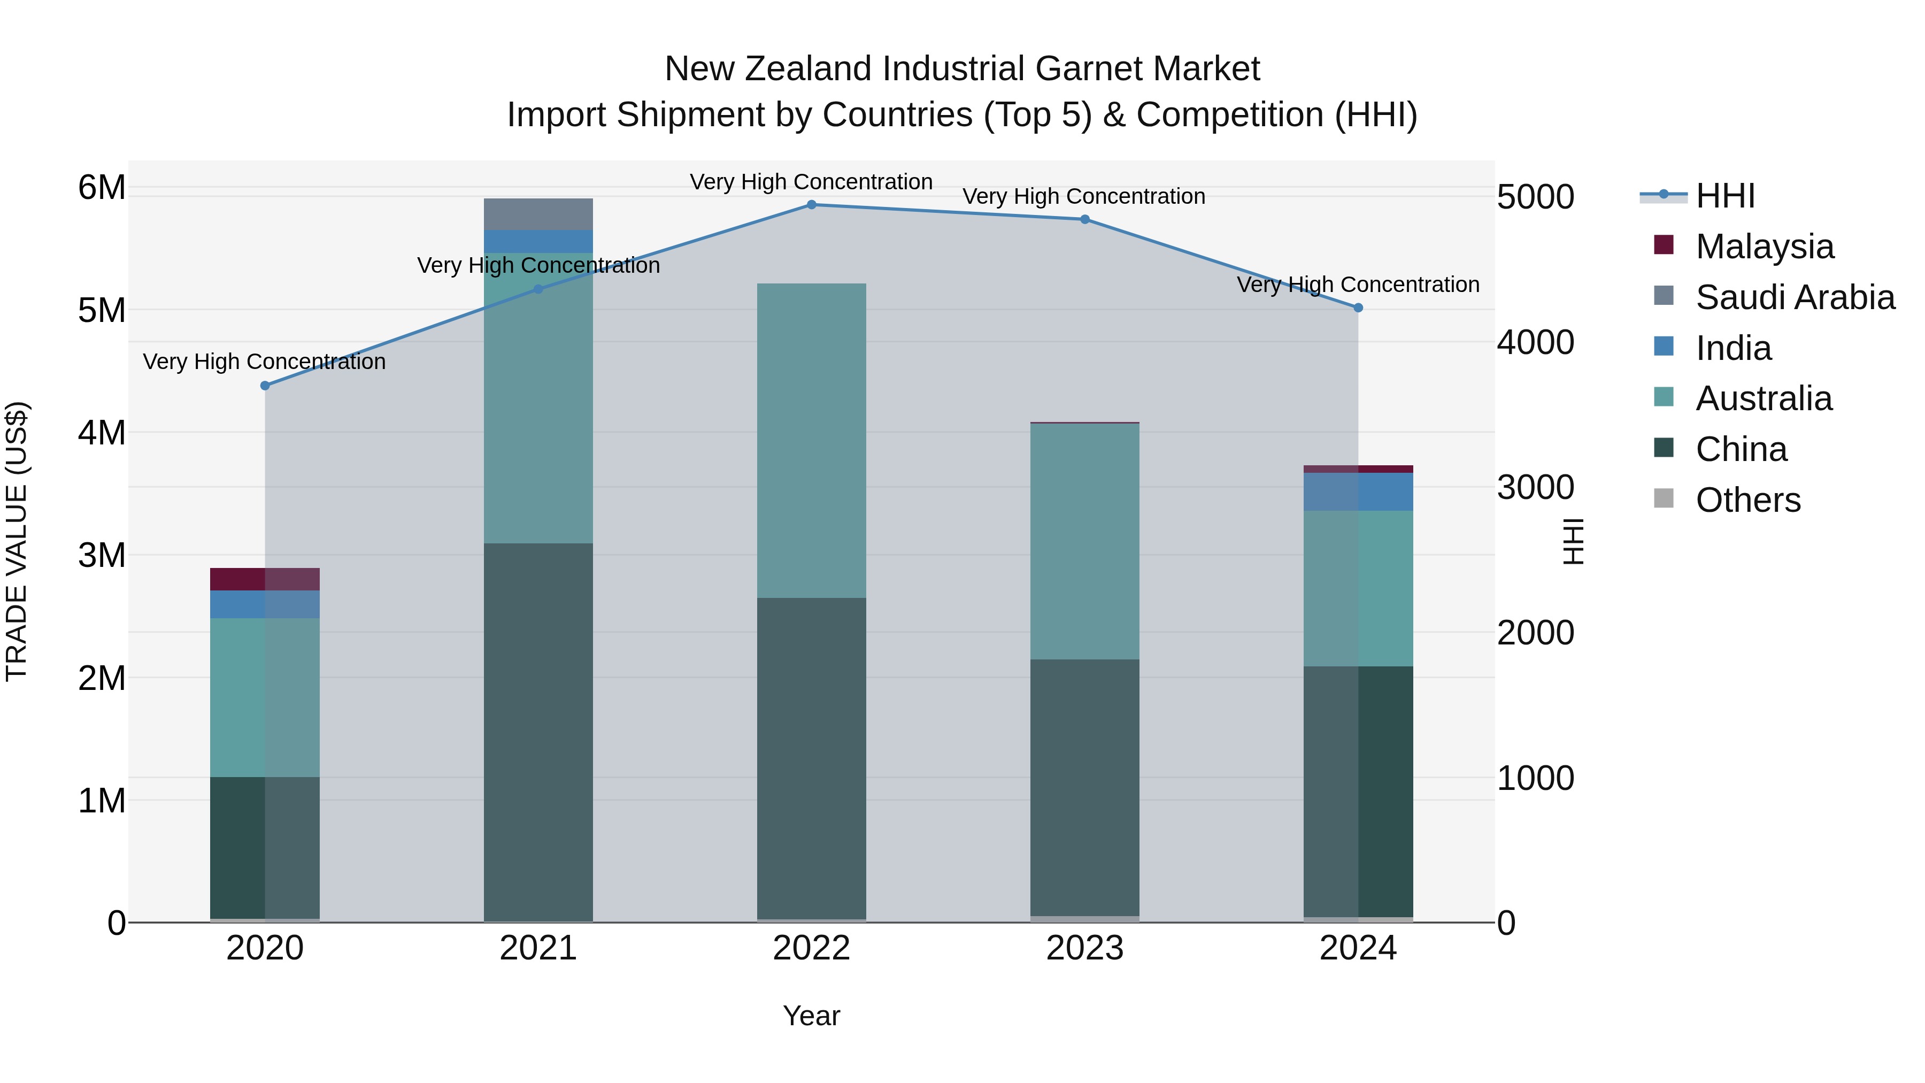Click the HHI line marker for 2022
point(812,205)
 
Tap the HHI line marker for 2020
point(265,386)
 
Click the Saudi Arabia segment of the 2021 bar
point(538,214)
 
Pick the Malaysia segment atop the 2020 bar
point(265,579)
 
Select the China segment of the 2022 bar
point(812,758)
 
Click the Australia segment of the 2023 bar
point(1084,541)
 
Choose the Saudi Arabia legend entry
point(1794,297)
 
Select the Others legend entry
point(1747,500)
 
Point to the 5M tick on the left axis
point(102,310)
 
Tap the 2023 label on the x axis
point(1084,948)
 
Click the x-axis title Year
point(812,1016)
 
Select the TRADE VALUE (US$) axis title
point(17,541)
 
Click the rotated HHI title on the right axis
point(1574,542)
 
